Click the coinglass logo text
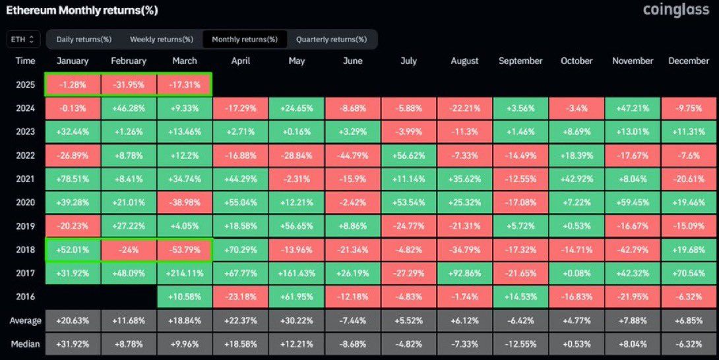[x=677, y=10]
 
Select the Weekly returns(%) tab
[x=161, y=40]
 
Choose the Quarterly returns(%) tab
[x=331, y=40]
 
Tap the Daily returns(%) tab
[x=84, y=40]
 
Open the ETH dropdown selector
[x=24, y=40]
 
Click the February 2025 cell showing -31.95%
[x=129, y=85]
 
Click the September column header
[x=520, y=61]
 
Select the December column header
[x=689, y=61]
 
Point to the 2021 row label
[x=25, y=179]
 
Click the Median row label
[x=25, y=344]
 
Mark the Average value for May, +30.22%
[x=297, y=321]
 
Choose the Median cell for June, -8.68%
[x=353, y=344]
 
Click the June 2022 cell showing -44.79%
[x=353, y=156]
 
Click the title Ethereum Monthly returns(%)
[x=82, y=11]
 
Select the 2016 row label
[x=25, y=297]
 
